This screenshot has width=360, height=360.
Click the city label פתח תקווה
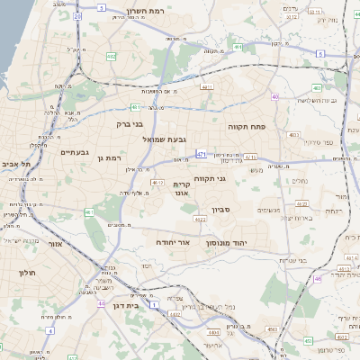[x=243, y=127]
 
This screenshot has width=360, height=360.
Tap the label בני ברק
[x=130, y=126]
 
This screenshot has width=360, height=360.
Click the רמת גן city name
[x=107, y=158]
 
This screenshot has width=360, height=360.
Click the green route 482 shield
[x=111, y=57]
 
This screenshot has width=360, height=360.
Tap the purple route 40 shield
[x=274, y=96]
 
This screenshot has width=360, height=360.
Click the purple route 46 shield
[x=318, y=279]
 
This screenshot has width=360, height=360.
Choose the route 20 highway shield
[x=77, y=16]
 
